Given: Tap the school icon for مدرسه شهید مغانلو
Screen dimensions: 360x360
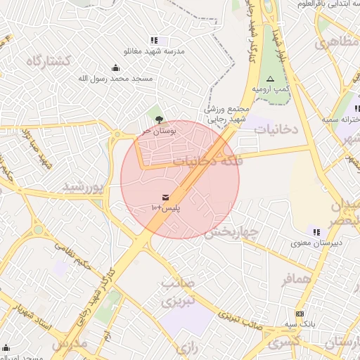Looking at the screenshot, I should point(154,40).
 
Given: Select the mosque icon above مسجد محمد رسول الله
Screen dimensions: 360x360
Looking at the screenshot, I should point(116,67).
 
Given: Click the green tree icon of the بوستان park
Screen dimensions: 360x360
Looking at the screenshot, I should point(158,119).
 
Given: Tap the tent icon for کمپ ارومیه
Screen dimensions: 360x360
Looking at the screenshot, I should point(270,79).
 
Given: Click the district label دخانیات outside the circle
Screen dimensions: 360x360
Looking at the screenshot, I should point(277,129).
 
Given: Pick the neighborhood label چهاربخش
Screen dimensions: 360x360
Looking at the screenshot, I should point(232,231).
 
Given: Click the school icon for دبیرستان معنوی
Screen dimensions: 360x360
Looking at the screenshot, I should point(316,231).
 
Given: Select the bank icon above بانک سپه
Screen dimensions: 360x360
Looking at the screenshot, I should point(300,313).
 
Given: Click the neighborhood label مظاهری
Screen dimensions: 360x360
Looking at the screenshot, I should point(335,43).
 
